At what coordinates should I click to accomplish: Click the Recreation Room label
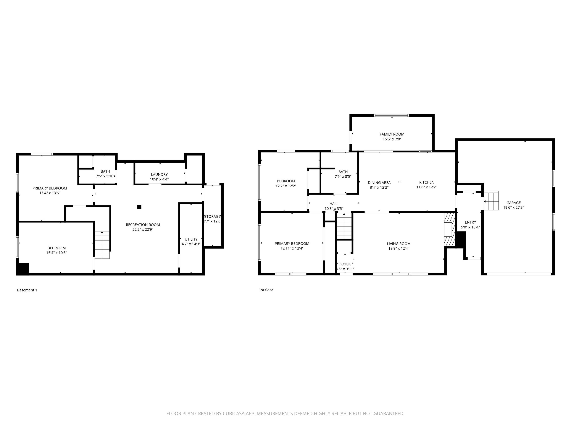(x=143, y=225)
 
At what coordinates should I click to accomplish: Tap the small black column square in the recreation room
(x=139, y=207)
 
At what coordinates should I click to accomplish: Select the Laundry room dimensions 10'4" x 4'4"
(x=159, y=179)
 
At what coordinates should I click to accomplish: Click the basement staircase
(x=102, y=245)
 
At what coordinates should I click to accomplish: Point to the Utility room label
(x=191, y=239)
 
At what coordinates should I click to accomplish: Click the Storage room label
(x=212, y=216)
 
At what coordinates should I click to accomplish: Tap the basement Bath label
(x=105, y=171)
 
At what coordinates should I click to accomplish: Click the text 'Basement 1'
(x=27, y=290)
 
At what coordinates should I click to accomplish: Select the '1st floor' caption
(x=266, y=290)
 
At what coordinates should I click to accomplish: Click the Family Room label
(x=392, y=134)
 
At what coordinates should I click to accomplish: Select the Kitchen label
(x=427, y=182)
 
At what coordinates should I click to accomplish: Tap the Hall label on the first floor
(x=334, y=204)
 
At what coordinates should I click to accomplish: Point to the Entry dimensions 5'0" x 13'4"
(x=470, y=227)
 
